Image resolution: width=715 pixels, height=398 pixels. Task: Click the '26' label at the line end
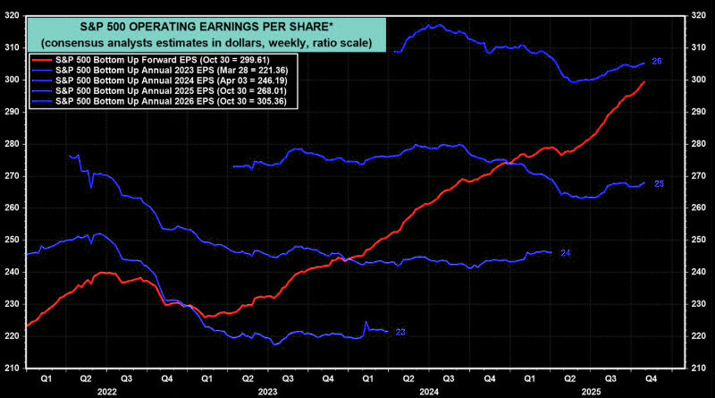point(656,62)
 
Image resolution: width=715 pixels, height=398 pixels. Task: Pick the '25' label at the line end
point(658,183)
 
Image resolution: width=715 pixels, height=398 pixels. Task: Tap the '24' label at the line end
point(565,253)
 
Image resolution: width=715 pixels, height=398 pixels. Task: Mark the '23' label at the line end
point(400,332)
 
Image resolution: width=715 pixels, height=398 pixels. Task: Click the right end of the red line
point(644,81)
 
